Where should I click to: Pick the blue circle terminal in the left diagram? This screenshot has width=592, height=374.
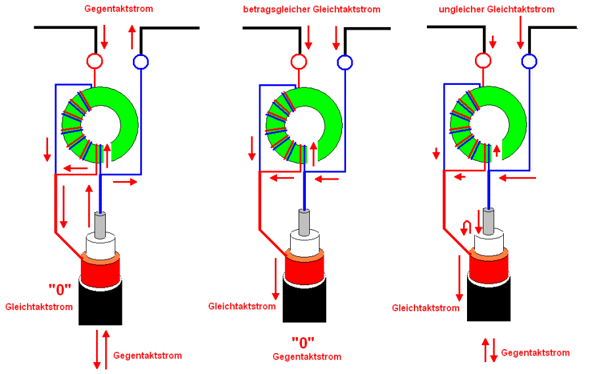point(141,62)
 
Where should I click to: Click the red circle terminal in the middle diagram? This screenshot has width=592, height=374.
point(299,62)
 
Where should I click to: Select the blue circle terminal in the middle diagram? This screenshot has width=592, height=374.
point(345,63)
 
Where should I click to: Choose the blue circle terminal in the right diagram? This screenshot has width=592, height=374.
point(529,62)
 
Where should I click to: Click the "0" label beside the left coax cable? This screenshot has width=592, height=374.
point(59,288)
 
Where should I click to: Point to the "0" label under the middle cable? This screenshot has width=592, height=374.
point(303,342)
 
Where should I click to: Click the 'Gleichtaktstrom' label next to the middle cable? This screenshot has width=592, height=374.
point(241,306)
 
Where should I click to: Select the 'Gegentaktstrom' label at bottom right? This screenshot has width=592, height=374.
point(535,353)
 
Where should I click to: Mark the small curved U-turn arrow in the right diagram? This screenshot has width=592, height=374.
point(466,228)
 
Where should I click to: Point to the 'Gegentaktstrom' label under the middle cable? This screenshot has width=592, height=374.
point(307,357)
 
